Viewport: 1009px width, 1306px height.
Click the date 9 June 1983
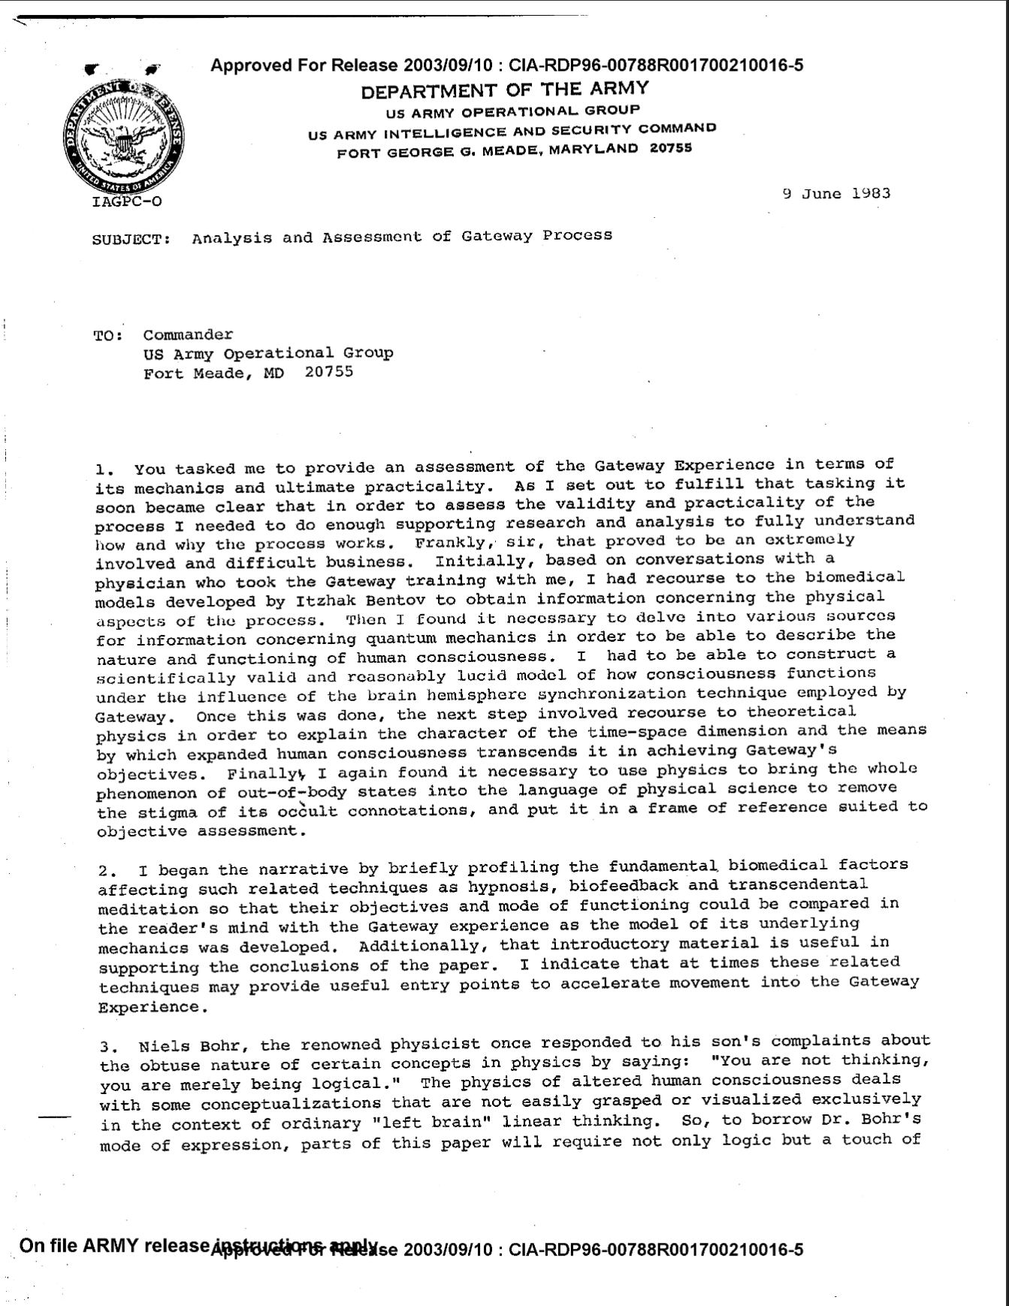coord(836,193)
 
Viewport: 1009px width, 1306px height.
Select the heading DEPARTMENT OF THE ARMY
coord(504,90)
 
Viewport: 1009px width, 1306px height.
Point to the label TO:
coord(108,336)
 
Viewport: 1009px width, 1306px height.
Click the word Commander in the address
coord(188,335)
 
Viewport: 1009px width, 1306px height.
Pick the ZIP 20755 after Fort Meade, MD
coord(329,372)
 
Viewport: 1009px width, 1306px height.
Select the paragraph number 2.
coord(106,872)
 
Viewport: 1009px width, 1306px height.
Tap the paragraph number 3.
coord(107,1047)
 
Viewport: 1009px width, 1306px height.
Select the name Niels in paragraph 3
coord(163,1046)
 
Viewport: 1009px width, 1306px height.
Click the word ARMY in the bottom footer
coord(112,1245)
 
